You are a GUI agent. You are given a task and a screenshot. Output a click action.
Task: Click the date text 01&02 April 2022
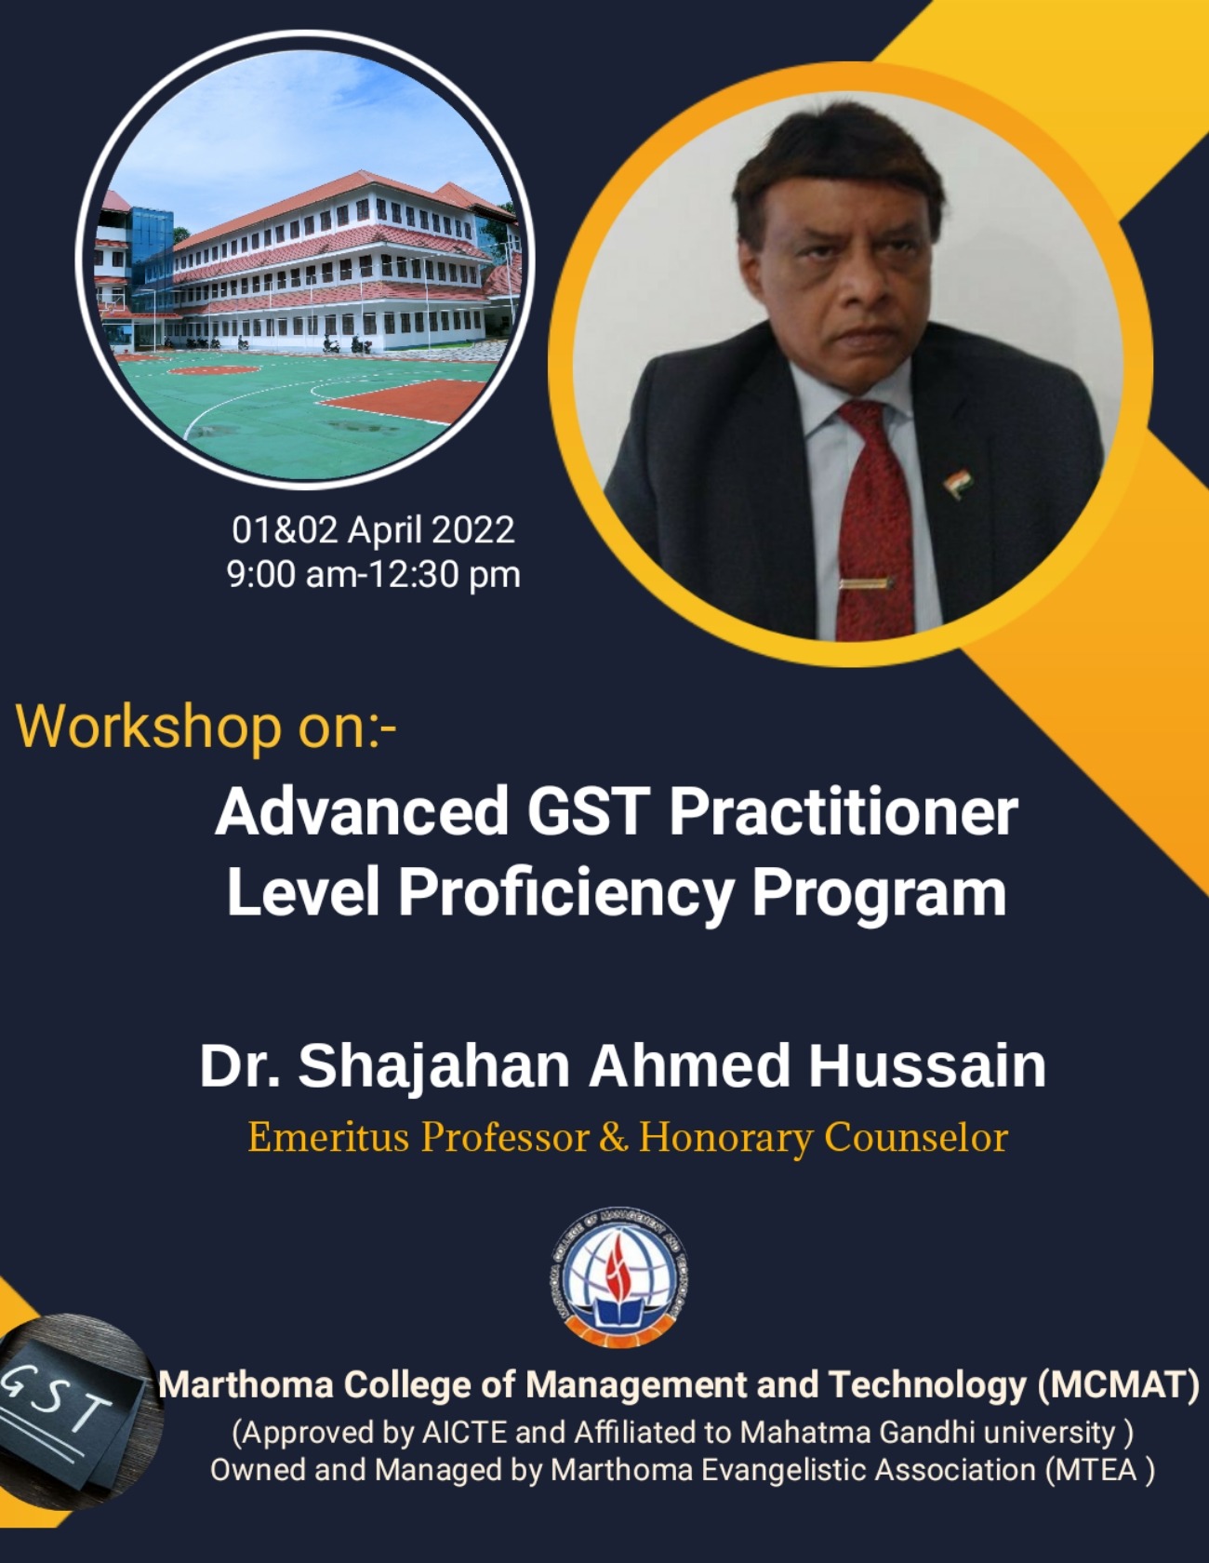(373, 529)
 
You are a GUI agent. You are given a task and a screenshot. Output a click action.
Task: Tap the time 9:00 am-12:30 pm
(373, 573)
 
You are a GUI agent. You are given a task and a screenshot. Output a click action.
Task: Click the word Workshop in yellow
(149, 726)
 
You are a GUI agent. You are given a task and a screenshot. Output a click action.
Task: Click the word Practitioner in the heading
(844, 810)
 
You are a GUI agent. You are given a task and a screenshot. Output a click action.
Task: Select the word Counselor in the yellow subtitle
(916, 1137)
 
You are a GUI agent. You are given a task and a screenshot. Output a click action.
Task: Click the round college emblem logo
(618, 1276)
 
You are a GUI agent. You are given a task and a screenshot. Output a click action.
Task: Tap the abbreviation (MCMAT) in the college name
(1119, 1384)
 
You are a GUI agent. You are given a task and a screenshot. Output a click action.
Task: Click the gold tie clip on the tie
(866, 583)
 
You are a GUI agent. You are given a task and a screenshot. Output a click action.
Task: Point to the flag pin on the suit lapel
(958, 484)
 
